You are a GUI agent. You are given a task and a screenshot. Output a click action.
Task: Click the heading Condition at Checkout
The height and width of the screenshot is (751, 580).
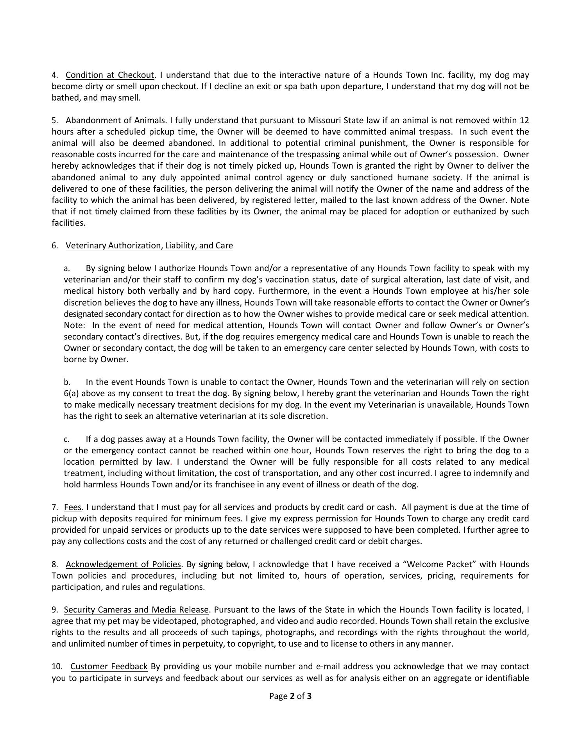110,75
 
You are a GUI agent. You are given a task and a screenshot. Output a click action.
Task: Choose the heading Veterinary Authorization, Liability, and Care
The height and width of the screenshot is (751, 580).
149,246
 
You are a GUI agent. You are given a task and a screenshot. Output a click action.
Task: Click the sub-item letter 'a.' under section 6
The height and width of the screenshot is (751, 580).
67,269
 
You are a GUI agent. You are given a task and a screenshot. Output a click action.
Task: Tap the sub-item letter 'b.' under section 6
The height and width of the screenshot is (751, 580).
67,382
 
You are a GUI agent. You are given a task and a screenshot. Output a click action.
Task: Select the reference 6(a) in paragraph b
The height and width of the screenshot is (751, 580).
71,393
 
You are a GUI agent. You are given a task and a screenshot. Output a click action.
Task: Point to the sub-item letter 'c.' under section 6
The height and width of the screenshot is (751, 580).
67,439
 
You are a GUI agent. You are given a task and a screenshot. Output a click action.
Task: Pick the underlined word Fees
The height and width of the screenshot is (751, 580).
73,508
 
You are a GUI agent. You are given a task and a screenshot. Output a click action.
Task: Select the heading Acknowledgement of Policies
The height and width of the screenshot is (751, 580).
123,564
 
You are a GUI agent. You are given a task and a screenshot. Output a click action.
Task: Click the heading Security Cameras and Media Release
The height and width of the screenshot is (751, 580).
136,610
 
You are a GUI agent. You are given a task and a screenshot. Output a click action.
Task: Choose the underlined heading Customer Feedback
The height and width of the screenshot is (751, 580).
109,667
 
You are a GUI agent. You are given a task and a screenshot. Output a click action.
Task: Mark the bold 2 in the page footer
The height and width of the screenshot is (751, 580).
292,696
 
